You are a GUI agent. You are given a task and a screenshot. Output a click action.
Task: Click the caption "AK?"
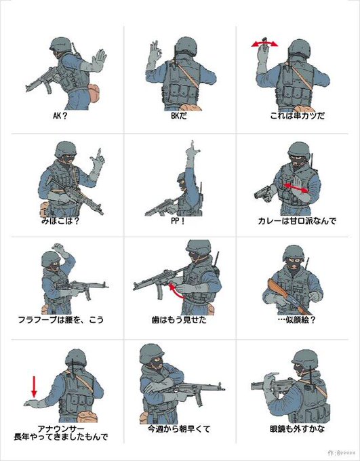[x=60, y=115]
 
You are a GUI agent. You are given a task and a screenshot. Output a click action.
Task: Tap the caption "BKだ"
[x=179, y=115]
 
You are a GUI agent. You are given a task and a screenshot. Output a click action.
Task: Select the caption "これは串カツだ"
[x=298, y=115]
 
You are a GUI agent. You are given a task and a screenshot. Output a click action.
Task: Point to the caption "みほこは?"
[x=60, y=221]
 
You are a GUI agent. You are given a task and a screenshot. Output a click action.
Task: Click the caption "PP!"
[x=178, y=221]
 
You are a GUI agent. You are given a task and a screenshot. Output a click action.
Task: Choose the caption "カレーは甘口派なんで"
[x=297, y=221]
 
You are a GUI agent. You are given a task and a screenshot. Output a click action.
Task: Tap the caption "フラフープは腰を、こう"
[x=61, y=319]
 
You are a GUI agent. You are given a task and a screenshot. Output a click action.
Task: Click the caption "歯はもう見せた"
[x=179, y=319]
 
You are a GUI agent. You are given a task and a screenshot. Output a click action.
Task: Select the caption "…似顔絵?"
[x=296, y=319]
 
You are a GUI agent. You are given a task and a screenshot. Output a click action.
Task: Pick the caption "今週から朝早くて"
[x=179, y=429]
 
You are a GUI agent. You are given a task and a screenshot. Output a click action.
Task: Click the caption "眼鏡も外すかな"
[x=298, y=429]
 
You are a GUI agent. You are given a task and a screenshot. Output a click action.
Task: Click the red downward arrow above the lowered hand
[x=34, y=386]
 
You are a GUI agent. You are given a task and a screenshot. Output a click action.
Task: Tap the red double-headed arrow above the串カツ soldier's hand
[x=264, y=44]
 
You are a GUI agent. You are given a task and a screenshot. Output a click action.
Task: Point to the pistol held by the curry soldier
[x=264, y=193]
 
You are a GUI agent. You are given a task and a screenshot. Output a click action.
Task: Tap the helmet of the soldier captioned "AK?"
[x=60, y=44]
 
